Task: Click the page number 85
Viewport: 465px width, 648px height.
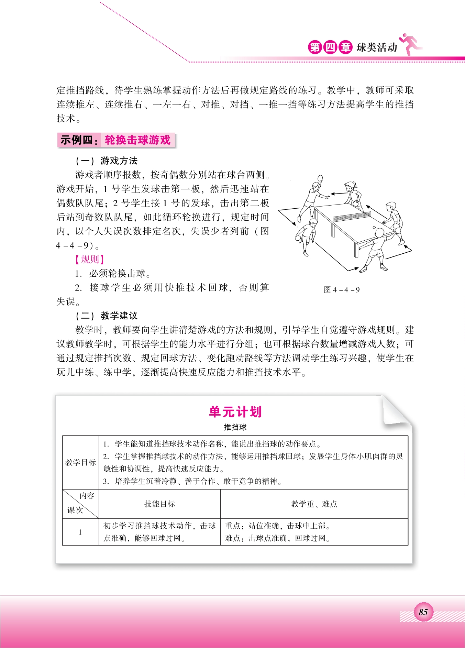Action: click(423, 612)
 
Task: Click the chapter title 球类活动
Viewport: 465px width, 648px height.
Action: click(377, 47)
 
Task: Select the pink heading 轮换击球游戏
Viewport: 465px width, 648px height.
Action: click(137, 140)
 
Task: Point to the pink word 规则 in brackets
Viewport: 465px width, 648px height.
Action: click(90, 259)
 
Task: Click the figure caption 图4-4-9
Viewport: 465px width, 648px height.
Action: click(342, 289)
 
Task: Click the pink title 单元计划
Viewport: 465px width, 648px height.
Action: click(235, 411)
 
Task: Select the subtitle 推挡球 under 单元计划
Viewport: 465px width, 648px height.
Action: click(235, 427)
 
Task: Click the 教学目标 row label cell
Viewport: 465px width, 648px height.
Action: click(80, 462)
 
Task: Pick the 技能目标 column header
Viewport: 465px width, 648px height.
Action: click(159, 504)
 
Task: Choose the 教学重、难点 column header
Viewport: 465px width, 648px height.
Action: click(314, 504)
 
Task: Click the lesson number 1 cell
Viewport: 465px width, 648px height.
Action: click(80, 532)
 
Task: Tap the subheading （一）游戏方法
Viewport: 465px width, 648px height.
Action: click(106, 161)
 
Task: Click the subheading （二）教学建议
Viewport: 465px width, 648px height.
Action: click(106, 316)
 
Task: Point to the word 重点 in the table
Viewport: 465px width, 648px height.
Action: click(233, 526)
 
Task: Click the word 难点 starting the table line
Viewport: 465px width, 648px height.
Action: click(233, 538)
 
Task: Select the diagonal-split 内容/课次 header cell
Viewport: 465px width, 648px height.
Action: click(80, 504)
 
